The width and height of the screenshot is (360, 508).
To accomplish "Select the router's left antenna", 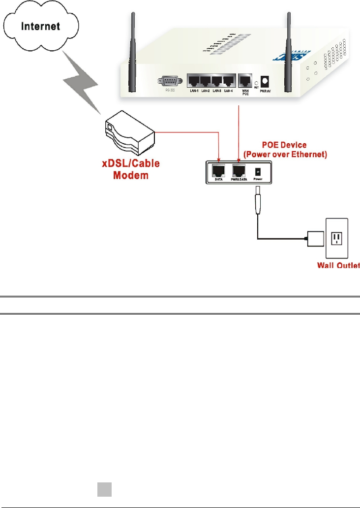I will tap(132, 59).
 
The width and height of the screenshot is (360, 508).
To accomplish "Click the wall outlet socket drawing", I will tap(337, 240).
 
